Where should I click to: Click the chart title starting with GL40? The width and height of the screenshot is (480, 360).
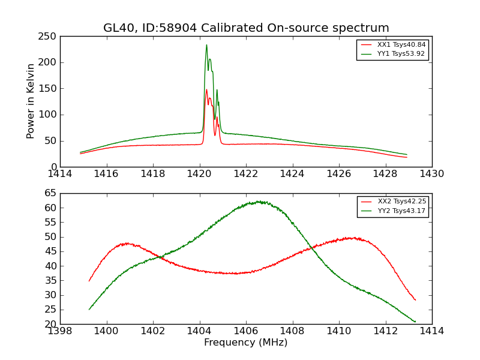[x=246, y=28]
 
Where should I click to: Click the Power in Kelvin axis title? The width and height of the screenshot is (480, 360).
[x=31, y=101]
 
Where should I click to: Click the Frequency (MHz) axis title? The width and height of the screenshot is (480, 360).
[x=245, y=343]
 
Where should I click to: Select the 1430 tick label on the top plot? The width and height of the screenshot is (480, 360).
[x=431, y=174]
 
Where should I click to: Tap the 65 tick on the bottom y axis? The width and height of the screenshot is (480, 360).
[x=50, y=193]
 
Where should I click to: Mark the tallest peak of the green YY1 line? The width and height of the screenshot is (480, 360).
[x=206, y=45]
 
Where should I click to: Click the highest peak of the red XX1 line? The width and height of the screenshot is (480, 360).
[x=206, y=90]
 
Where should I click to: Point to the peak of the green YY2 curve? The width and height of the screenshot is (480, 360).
[x=259, y=202]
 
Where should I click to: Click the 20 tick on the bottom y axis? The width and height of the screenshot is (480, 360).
[x=50, y=324]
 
